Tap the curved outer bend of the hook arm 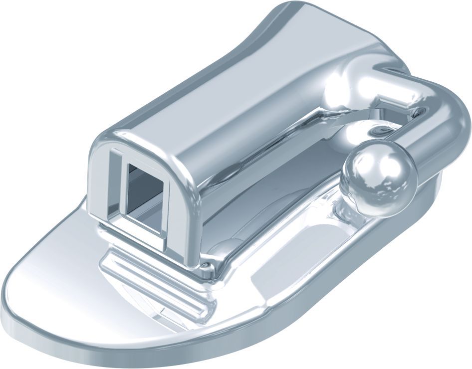pos(452,120)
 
